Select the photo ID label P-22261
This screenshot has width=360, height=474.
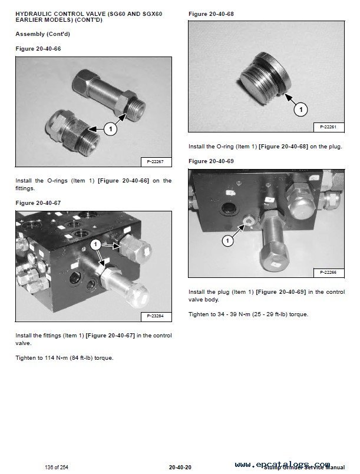[328, 127]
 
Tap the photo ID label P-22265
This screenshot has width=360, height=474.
[328, 272]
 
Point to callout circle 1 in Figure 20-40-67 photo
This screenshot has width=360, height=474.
[95, 244]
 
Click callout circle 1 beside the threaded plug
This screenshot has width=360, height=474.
[300, 109]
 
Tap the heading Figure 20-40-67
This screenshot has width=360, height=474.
[38, 203]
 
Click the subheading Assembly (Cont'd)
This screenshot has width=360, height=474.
[39, 34]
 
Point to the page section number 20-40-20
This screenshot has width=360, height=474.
[179, 467]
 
